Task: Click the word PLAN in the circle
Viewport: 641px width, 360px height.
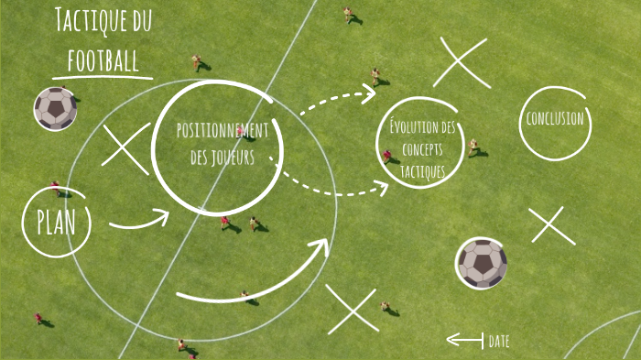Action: click(x=55, y=221)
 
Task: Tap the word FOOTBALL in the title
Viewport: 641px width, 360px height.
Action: click(x=103, y=60)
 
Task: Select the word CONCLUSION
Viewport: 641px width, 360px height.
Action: click(x=554, y=119)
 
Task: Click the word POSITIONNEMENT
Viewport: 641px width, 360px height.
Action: click(x=223, y=130)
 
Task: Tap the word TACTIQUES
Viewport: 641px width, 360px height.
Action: click(x=422, y=171)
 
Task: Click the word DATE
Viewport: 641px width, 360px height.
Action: click(x=499, y=341)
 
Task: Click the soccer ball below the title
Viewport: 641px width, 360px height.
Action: click(x=56, y=108)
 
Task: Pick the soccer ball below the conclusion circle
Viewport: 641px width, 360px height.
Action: click(x=482, y=263)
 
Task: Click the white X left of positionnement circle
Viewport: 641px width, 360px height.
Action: click(x=125, y=148)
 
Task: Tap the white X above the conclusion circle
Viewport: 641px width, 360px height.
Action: click(x=461, y=62)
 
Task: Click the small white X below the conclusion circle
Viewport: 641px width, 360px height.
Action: click(x=552, y=225)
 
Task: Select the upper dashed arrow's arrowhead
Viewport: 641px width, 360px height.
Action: click(x=369, y=91)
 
